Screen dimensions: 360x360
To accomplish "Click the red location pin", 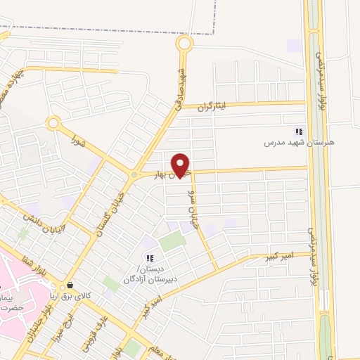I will pyautogui.click(x=181, y=165).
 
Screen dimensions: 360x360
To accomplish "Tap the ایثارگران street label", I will pyautogui.click(x=212, y=107).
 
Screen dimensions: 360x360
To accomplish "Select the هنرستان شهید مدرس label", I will pyautogui.click(x=299, y=142).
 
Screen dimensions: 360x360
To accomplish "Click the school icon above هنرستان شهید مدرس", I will pyautogui.click(x=299, y=131).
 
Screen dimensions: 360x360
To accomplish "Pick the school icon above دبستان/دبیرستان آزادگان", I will pyautogui.click(x=149, y=257).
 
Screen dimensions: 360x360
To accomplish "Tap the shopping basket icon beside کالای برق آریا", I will pyautogui.click(x=70, y=285).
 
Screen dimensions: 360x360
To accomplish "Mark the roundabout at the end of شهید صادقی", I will pyautogui.click(x=184, y=44).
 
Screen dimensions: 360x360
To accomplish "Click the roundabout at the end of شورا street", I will pyautogui.click(x=53, y=124).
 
